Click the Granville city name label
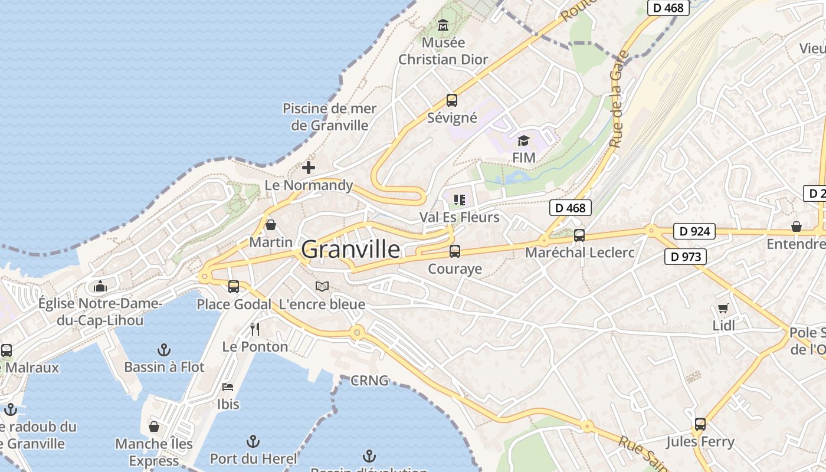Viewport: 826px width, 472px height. coord(350,250)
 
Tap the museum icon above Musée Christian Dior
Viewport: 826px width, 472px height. coord(443,25)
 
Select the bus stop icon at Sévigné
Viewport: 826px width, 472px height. coord(451,100)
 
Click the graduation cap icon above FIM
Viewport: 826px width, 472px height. coord(523,140)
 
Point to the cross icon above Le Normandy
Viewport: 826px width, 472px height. coord(309,168)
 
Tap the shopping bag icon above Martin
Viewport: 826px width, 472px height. coord(271,225)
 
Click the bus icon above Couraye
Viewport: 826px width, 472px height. coord(455,251)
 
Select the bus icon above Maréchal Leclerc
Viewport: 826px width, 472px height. coord(579,235)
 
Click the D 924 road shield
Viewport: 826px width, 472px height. coord(694,231)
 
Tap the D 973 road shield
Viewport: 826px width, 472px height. coord(686,257)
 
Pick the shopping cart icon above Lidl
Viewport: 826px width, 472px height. coord(723,308)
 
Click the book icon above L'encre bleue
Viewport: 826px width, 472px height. coord(322,287)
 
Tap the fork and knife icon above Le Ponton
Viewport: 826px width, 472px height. coord(255,329)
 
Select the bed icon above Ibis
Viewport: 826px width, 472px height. coord(228,387)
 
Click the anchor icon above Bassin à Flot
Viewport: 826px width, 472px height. coord(164,350)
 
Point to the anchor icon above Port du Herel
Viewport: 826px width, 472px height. coord(253,441)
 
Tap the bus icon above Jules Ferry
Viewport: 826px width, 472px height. coord(700,424)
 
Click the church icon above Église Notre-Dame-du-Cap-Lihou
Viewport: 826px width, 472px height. coord(100,286)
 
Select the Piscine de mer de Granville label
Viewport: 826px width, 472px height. coord(329,117)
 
